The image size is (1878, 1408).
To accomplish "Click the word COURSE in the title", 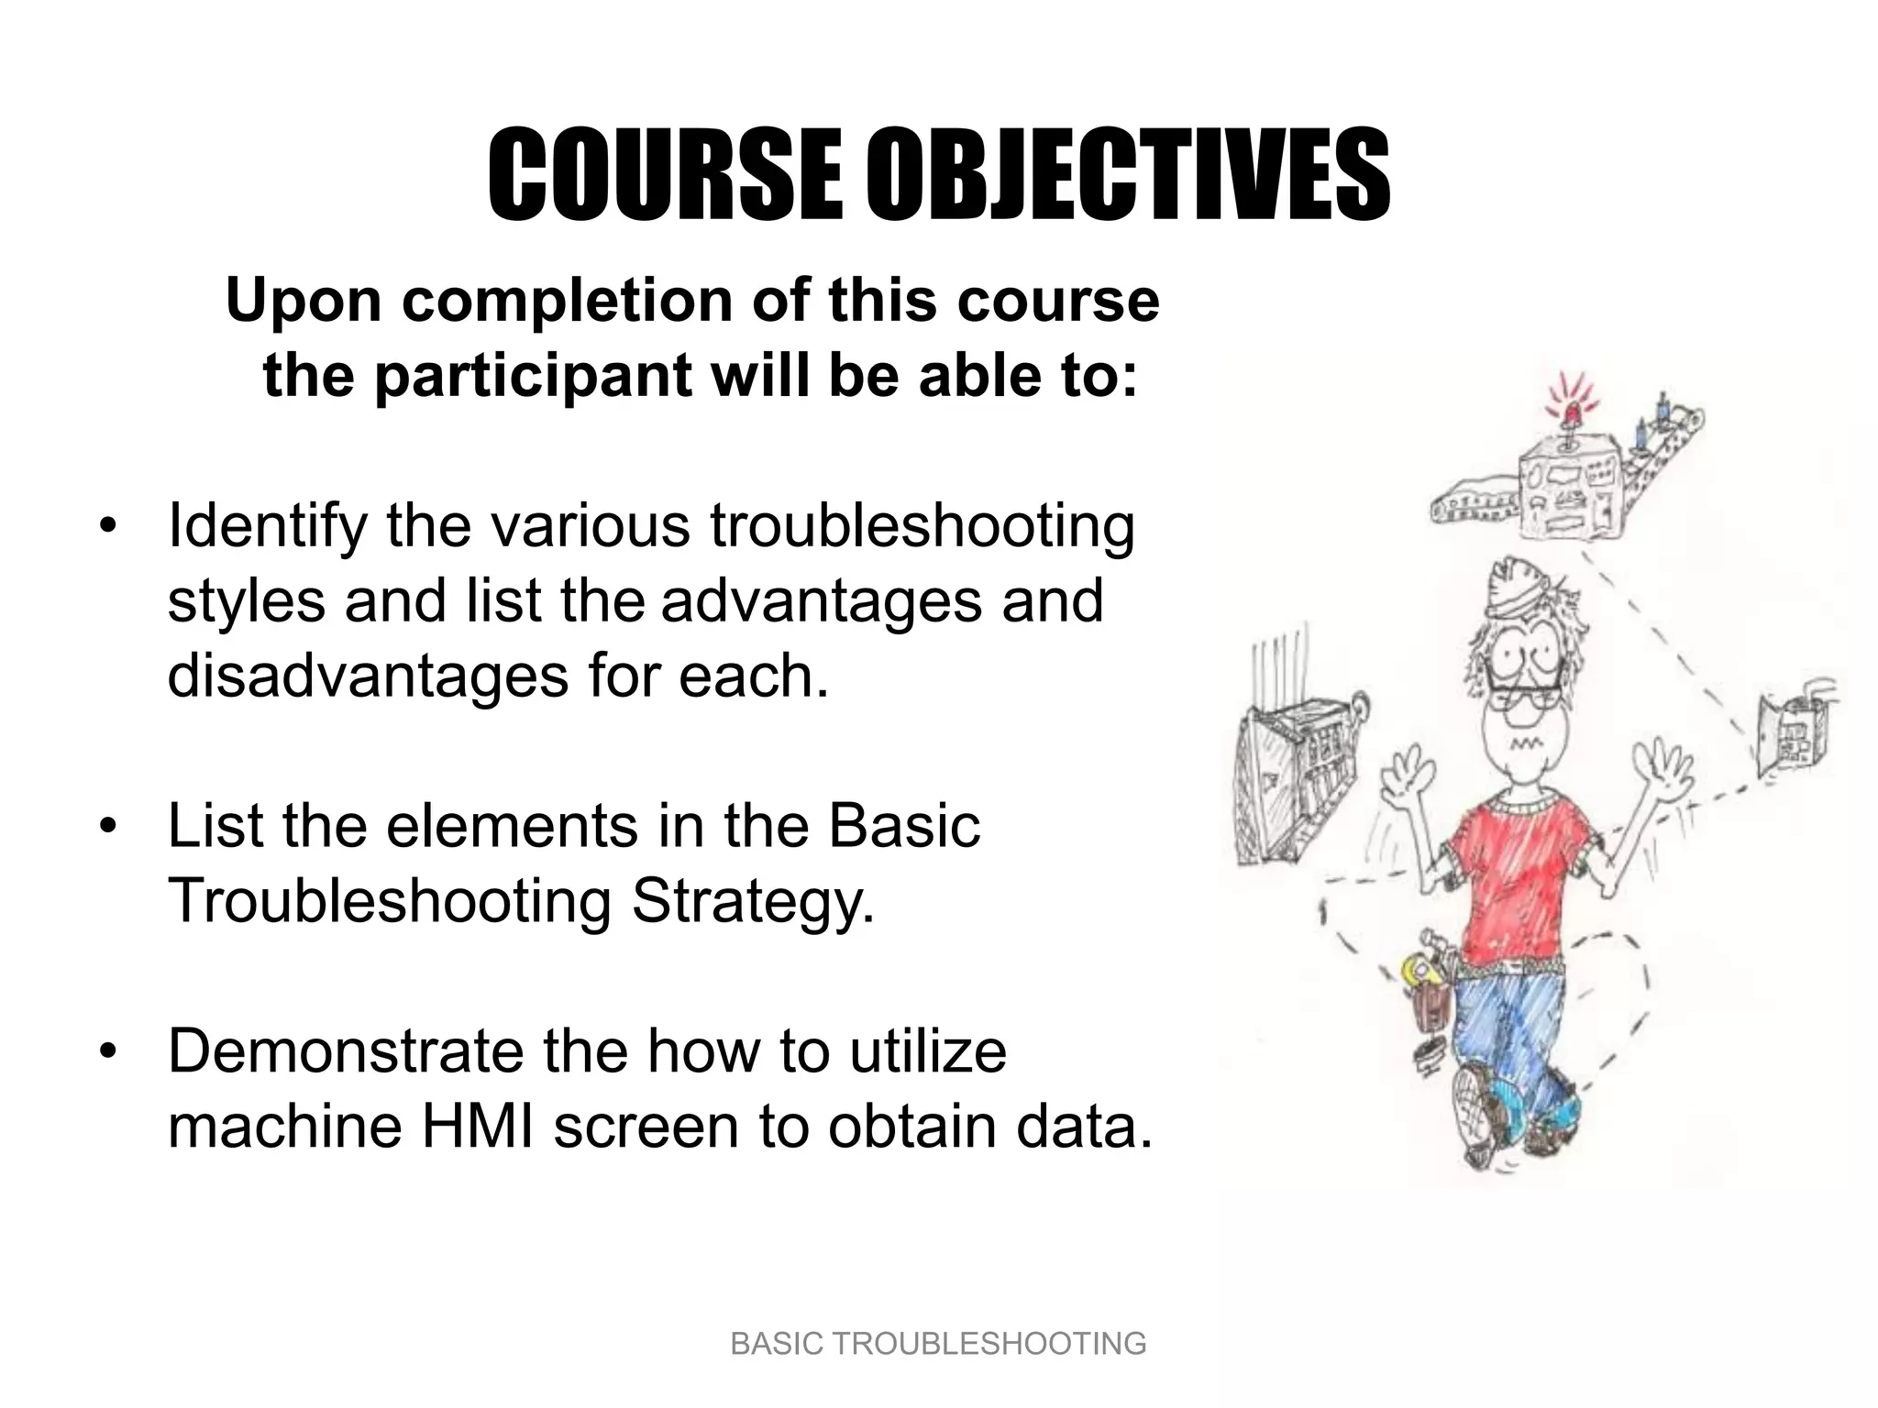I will click(x=664, y=177).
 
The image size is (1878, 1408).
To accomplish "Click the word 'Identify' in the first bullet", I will click(x=267, y=528).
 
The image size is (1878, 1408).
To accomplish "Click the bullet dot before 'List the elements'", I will click(x=109, y=827).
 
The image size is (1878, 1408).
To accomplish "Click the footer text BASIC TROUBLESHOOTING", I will click(x=938, y=1344).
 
